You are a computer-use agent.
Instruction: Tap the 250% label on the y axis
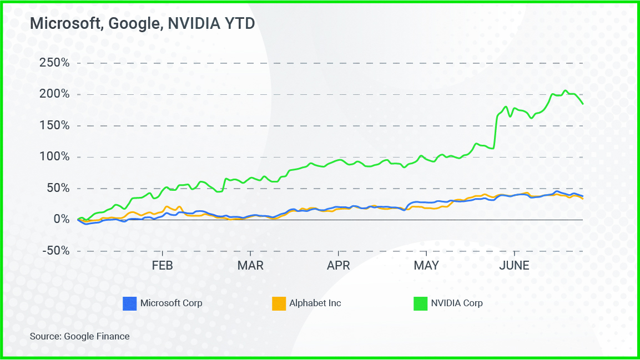pyautogui.click(x=54, y=63)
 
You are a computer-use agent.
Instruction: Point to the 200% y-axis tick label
pyautogui.click(x=54, y=94)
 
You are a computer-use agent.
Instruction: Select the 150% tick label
pyautogui.click(x=54, y=125)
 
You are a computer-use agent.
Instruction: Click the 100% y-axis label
pyautogui.click(x=54, y=157)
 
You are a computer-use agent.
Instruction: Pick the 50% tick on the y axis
pyautogui.click(x=57, y=188)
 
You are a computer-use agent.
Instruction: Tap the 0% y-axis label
pyautogui.click(x=61, y=220)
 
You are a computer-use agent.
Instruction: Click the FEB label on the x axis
pyautogui.click(x=162, y=266)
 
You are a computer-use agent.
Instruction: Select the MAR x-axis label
pyautogui.click(x=250, y=266)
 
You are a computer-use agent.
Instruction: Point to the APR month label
pyautogui.click(x=338, y=266)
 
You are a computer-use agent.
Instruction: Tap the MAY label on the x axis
pyautogui.click(x=426, y=266)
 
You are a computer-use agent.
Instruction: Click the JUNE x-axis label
pyautogui.click(x=514, y=266)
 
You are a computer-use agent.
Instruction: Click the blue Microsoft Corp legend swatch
pyautogui.click(x=129, y=303)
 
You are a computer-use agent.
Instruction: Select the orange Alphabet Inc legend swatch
pyautogui.click(x=278, y=303)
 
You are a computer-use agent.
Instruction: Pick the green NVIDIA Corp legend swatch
pyautogui.click(x=421, y=303)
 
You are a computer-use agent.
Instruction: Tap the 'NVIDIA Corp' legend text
pyautogui.click(x=457, y=303)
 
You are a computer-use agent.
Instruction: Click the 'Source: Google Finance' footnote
pyautogui.click(x=79, y=336)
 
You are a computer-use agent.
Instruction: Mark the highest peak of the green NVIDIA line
pyautogui.click(x=565, y=90)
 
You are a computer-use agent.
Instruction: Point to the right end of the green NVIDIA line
pyautogui.click(x=583, y=104)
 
